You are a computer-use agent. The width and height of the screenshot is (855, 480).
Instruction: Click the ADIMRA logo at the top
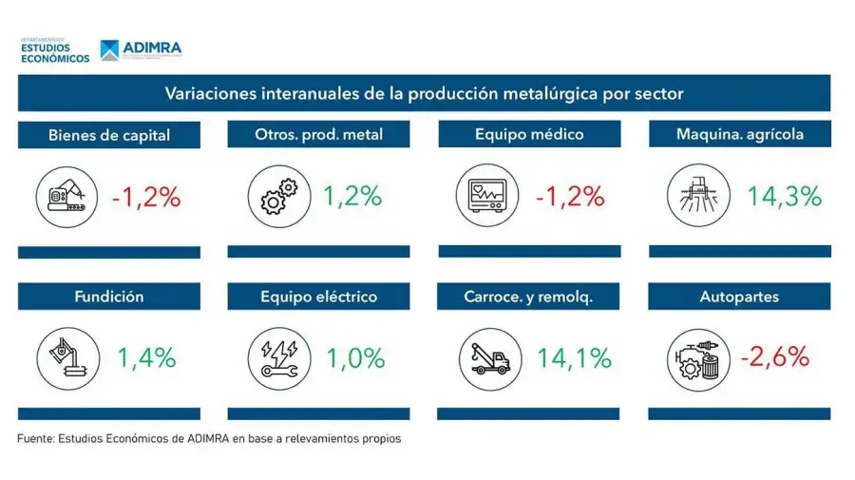click(x=141, y=49)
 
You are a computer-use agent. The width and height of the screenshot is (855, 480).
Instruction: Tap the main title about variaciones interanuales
click(x=425, y=93)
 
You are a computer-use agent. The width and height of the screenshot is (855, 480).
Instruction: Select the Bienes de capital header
click(x=109, y=135)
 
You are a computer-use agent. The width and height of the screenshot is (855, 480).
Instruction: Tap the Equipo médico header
click(x=529, y=134)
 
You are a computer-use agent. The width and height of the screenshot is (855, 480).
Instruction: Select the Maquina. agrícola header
click(x=739, y=134)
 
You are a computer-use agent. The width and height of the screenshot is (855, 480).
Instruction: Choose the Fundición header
click(x=109, y=297)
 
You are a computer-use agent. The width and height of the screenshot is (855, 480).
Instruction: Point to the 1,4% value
click(x=146, y=358)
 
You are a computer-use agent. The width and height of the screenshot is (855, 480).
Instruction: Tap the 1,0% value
click(x=355, y=358)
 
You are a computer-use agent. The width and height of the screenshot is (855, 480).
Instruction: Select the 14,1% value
click(x=574, y=358)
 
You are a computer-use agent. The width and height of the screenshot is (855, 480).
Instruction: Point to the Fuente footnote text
click(x=209, y=439)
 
